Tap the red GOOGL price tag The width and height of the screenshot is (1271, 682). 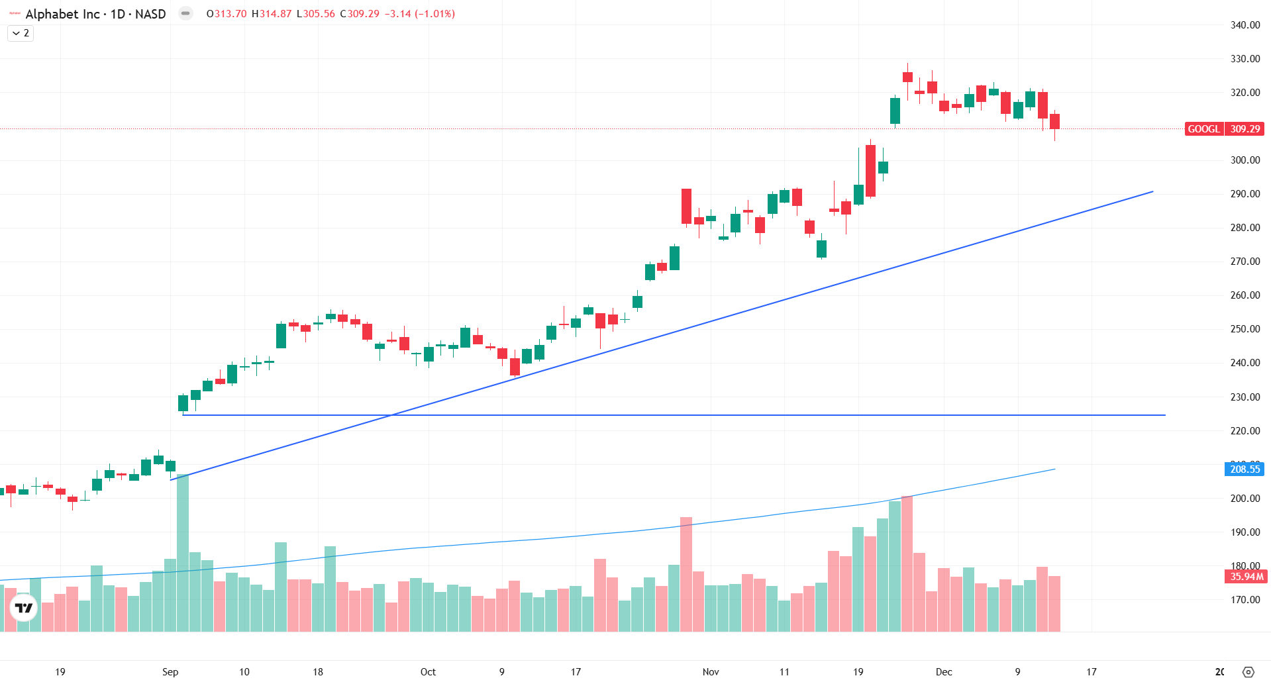pos(1203,129)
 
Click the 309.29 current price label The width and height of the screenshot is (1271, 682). pos(1245,129)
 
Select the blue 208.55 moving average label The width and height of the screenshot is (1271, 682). pos(1245,469)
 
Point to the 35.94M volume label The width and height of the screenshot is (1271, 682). pos(1245,577)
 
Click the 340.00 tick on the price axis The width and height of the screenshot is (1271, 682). pos(1245,25)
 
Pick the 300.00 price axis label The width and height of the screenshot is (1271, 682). pos(1245,160)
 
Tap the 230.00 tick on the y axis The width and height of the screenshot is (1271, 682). pos(1245,397)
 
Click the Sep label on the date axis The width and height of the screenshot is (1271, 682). pos(170,672)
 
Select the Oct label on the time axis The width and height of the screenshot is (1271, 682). pos(428,672)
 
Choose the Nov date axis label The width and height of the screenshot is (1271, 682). pos(711,672)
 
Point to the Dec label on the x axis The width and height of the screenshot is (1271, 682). pos(944,672)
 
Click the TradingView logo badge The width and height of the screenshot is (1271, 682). pos(24,608)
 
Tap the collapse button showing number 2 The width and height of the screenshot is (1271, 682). pos(21,33)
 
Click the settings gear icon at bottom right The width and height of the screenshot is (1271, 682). pos(1248,672)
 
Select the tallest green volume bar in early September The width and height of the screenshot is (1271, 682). pos(183,553)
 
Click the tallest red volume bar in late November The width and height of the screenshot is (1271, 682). pos(907,563)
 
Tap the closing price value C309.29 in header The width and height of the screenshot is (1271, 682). pos(360,14)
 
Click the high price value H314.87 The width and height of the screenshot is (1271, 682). pos(272,14)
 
